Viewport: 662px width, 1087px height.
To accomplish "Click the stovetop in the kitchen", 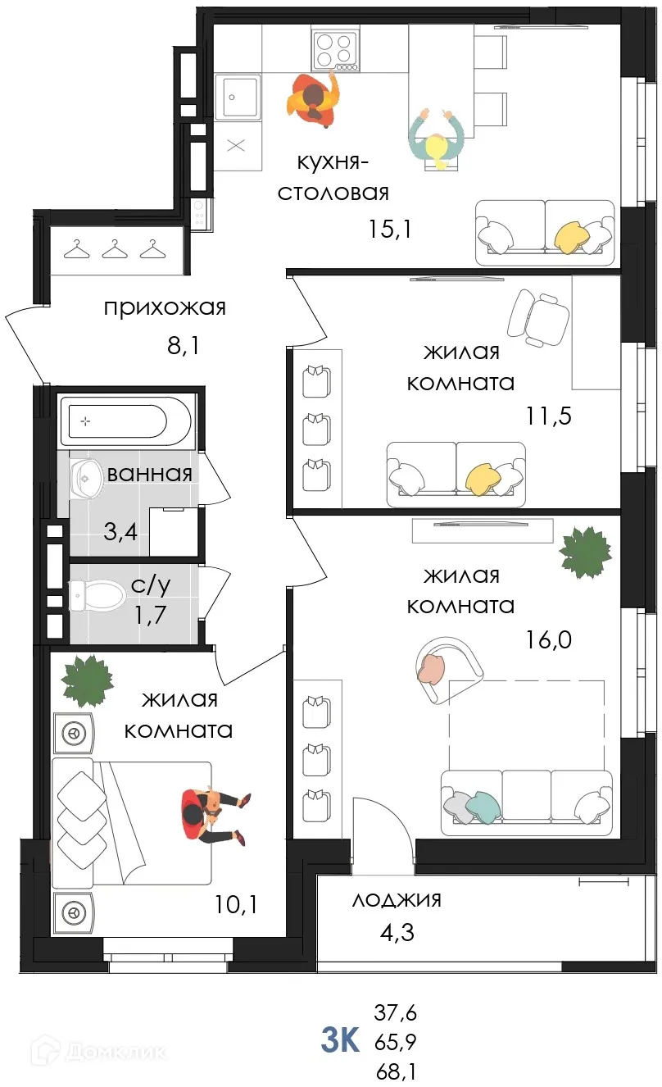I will pyautogui.click(x=335, y=48).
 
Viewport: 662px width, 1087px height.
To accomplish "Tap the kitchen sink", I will pyautogui.click(x=238, y=96).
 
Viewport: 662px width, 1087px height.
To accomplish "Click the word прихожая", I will pyautogui.click(x=164, y=308).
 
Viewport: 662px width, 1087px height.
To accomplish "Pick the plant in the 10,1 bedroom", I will pyautogui.click(x=87, y=680).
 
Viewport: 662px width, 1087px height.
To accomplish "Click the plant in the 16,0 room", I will pyautogui.click(x=585, y=553).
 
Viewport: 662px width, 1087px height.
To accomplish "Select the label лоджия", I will pyautogui.click(x=397, y=899).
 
